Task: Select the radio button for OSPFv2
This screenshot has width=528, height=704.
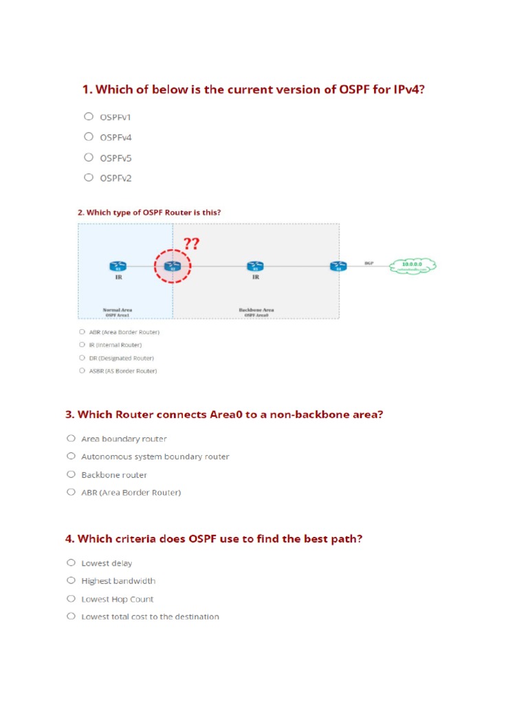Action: (x=88, y=177)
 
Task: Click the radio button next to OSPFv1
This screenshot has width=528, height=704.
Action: (x=88, y=116)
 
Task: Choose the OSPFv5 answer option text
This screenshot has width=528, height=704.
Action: (x=115, y=158)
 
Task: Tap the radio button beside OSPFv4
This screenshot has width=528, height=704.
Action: (x=88, y=137)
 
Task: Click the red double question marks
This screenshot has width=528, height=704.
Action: (x=191, y=244)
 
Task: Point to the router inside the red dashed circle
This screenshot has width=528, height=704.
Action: (x=173, y=265)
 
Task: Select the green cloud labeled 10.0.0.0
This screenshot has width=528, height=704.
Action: (x=412, y=265)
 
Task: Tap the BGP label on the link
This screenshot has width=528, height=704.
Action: (x=369, y=263)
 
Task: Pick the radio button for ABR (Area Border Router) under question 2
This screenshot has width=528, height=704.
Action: (x=82, y=332)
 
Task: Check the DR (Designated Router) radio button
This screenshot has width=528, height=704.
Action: (x=82, y=357)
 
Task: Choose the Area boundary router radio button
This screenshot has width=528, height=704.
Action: (x=71, y=438)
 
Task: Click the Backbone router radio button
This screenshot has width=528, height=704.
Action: (x=71, y=474)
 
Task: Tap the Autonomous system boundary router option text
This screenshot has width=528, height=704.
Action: (x=155, y=456)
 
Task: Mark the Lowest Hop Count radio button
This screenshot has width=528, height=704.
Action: (x=71, y=599)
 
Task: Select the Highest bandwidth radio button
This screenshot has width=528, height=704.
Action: (x=71, y=581)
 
